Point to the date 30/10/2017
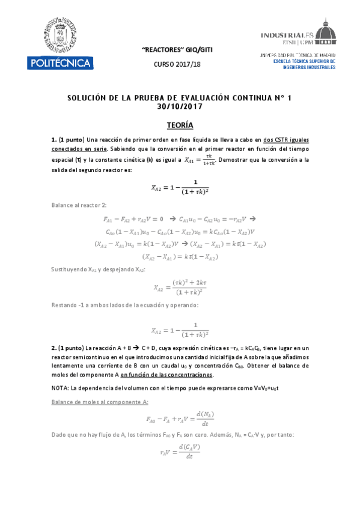click(180, 106)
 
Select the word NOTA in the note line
click(61, 388)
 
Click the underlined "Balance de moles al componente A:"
click(100, 402)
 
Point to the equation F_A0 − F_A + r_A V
click(180, 418)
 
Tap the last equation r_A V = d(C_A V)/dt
click(180, 452)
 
